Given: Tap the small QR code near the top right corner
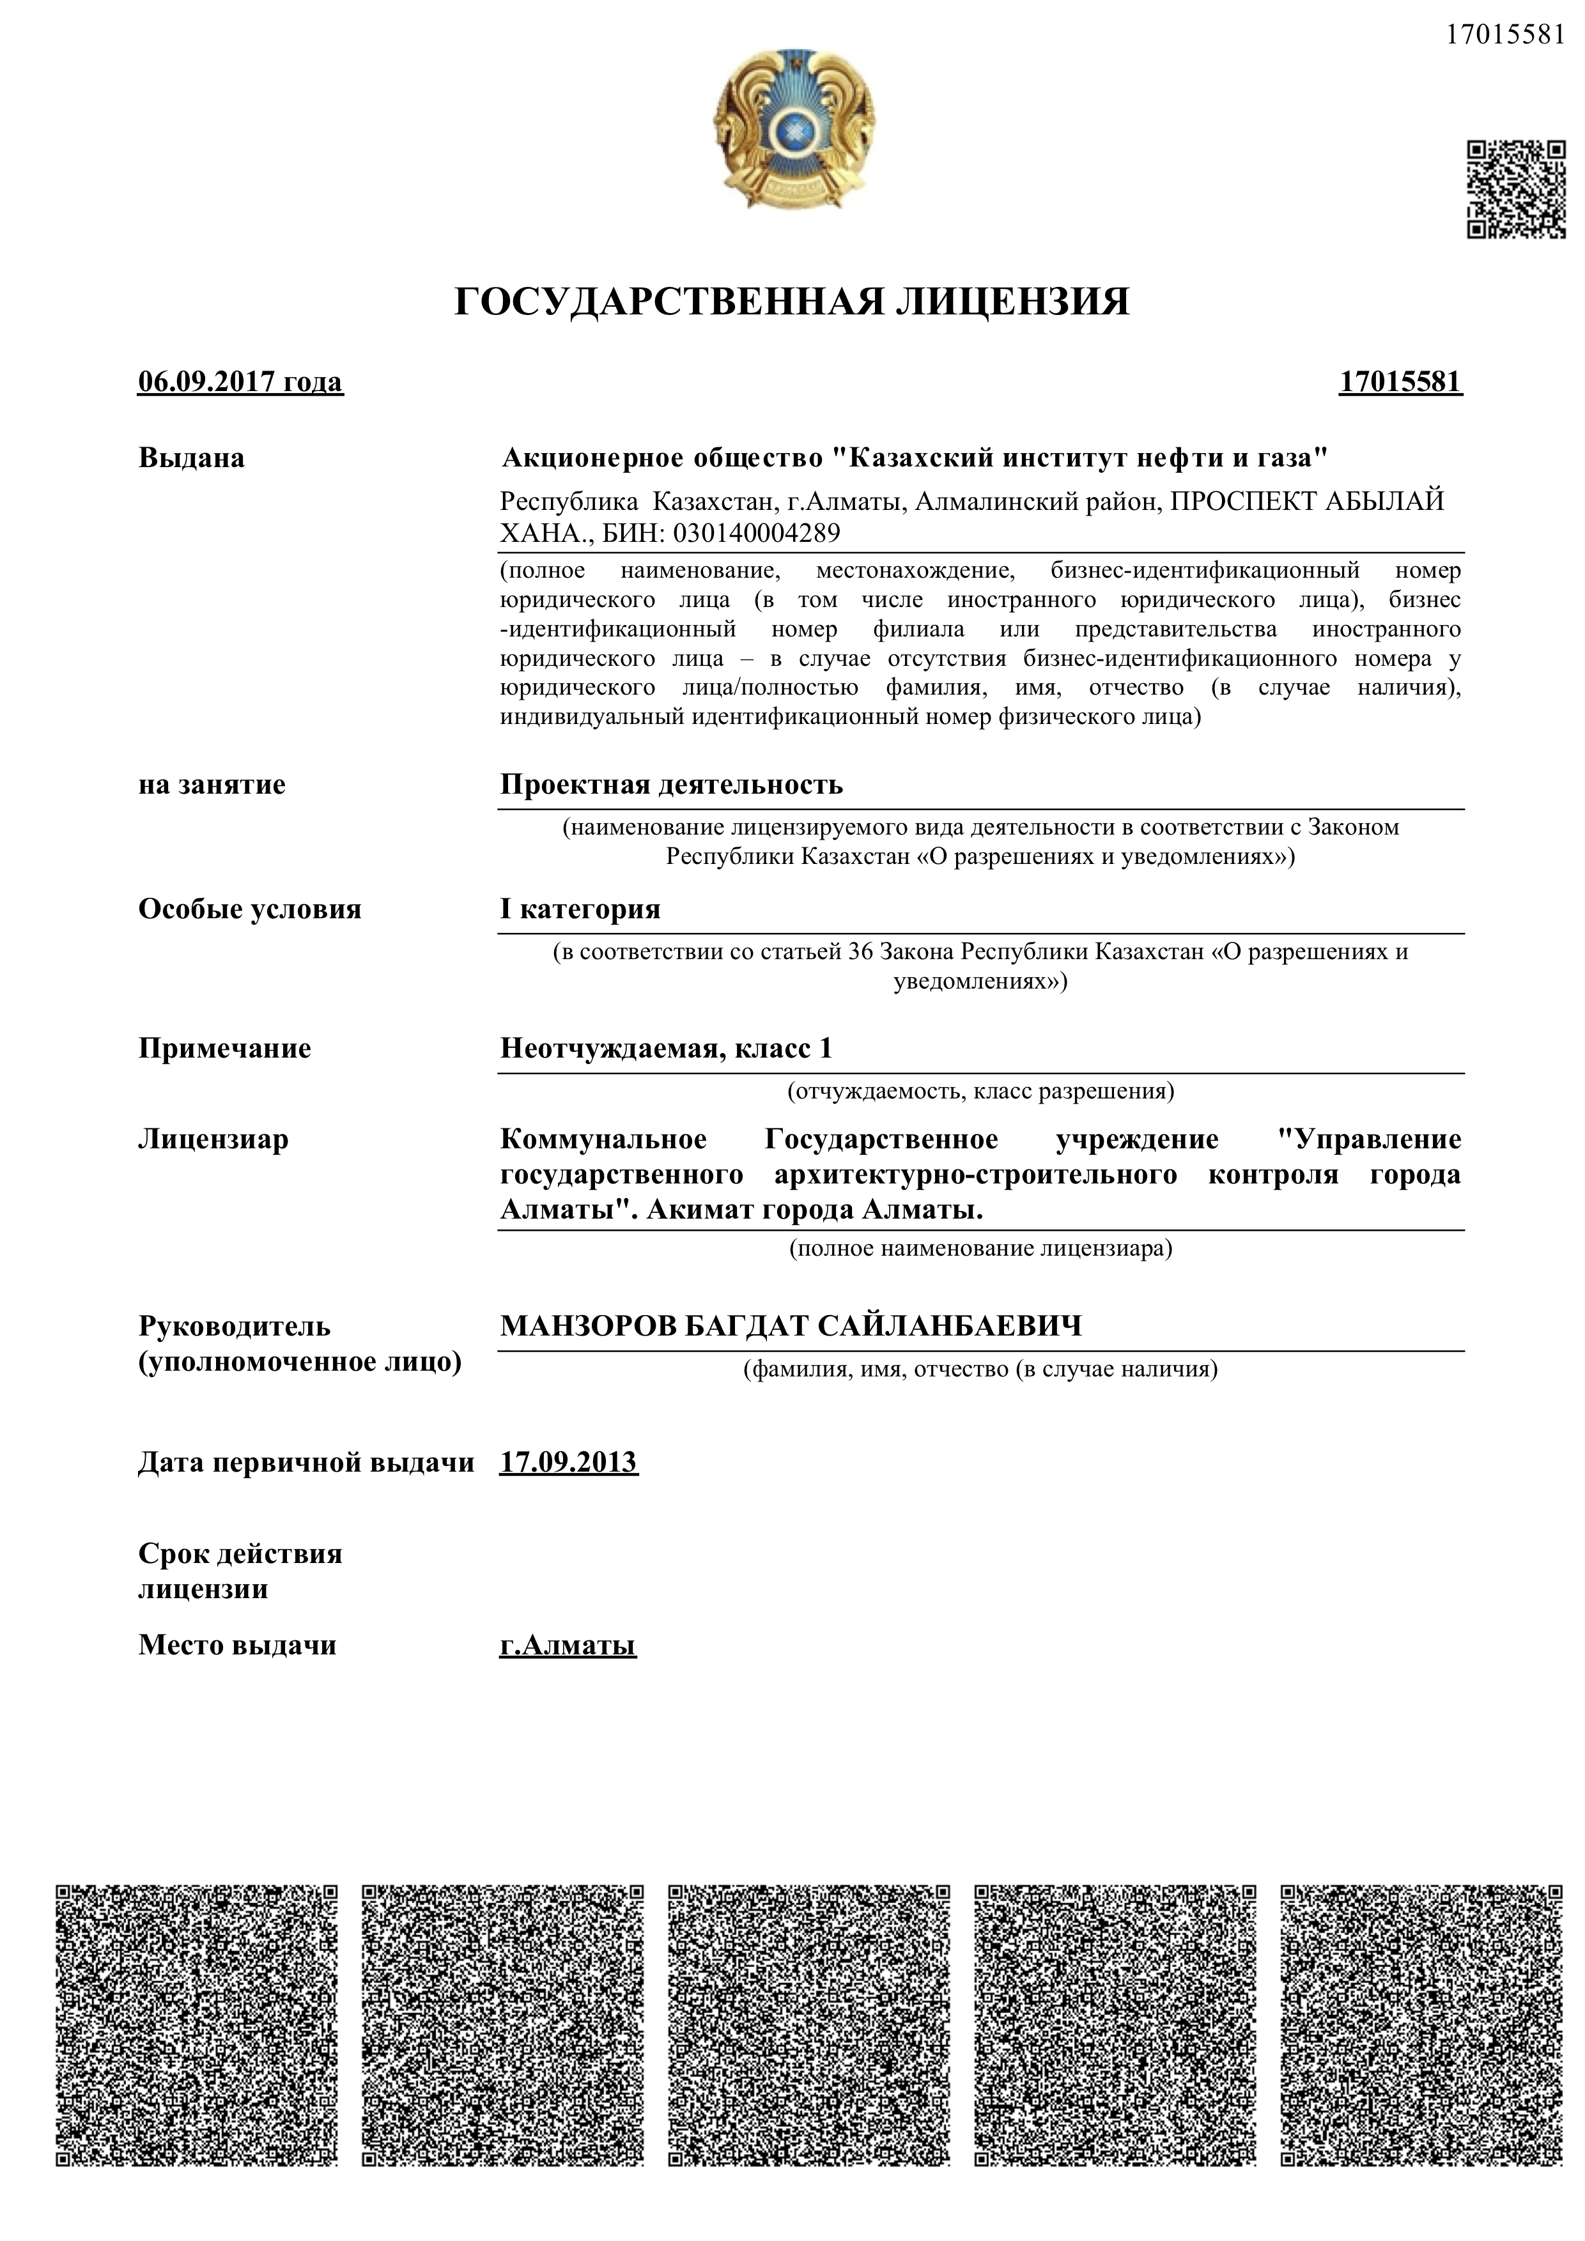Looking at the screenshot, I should coord(1516,189).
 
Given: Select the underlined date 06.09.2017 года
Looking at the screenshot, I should coord(240,381).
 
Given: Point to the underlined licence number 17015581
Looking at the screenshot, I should coord(1400,381).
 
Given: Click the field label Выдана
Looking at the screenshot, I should coord(191,458).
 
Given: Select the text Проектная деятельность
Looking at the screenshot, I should coord(672,785).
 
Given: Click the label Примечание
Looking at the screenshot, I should coord(224,1048).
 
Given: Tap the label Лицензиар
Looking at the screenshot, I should coord(213,1140).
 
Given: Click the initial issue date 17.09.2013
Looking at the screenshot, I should coord(568,1462).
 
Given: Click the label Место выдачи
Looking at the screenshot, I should coord(237,1645).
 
